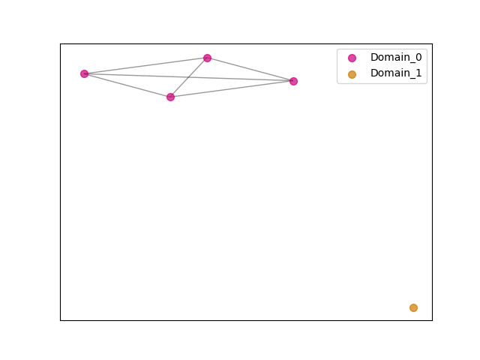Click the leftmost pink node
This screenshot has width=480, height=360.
pyautogui.click(x=84, y=73)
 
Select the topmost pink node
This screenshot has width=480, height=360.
pyautogui.click(x=207, y=58)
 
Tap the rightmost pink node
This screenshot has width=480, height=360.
pyautogui.click(x=293, y=81)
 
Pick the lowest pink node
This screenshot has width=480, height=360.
pyautogui.click(x=170, y=97)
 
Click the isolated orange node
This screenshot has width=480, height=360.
pyautogui.click(x=413, y=307)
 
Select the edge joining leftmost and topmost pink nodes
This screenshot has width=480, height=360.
pyautogui.click(x=145, y=66)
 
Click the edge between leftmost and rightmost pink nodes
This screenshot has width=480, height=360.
pyautogui.click(x=189, y=77)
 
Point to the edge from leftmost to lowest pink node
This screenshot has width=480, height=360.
pyautogui.click(x=127, y=85)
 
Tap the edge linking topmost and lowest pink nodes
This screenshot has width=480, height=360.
pyautogui.click(x=189, y=77)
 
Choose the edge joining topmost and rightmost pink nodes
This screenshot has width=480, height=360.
pyautogui.click(x=250, y=70)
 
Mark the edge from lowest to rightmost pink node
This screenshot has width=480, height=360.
pyautogui.click(x=232, y=89)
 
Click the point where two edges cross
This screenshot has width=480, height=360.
pyautogui.click(x=189, y=77)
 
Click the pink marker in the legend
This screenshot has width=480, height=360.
pyautogui.click(x=352, y=58)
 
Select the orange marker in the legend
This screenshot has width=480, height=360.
pyautogui.click(x=352, y=74)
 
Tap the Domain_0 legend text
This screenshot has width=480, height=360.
pyautogui.click(x=396, y=57)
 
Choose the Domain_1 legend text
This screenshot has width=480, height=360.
pyautogui.click(x=396, y=73)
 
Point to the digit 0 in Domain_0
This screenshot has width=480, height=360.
pyautogui.click(x=418, y=57)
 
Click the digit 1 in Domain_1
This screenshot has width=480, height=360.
pyautogui.click(x=418, y=73)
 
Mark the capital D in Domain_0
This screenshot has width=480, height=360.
pyautogui.click(x=374, y=57)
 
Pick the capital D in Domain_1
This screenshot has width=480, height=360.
pyautogui.click(x=374, y=73)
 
